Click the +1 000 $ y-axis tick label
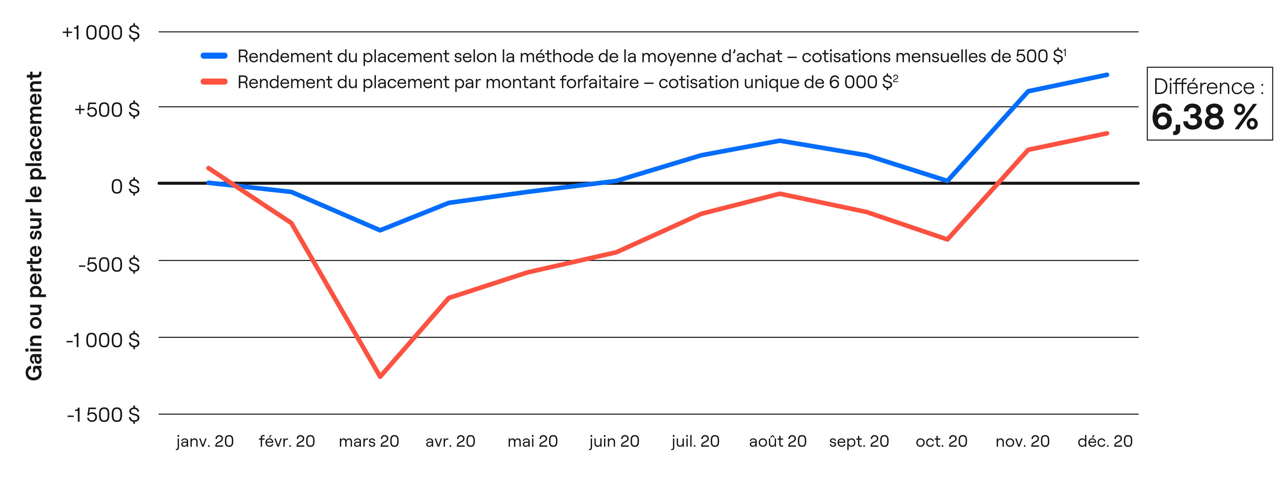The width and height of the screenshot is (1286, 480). coord(101,33)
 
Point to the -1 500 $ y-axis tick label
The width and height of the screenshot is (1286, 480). coord(103,415)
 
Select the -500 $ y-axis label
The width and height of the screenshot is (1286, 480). coord(109,264)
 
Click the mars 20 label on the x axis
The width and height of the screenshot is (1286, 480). coord(369,442)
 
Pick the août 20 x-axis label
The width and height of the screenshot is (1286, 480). coord(778,442)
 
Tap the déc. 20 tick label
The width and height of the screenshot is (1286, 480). coord(1105,442)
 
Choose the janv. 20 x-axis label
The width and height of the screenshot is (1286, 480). coord(205,442)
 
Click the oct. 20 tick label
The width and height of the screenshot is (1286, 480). coord(941,442)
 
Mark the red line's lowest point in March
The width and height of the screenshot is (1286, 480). coord(380,377)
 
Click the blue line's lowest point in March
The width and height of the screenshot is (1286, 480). coord(380,230)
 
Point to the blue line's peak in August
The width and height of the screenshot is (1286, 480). coord(779,140)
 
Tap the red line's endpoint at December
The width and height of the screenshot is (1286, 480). coord(1107,133)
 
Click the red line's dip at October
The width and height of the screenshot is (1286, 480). coord(947,240)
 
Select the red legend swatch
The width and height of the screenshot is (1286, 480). coord(214,82)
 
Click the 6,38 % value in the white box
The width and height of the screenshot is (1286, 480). coord(1204,118)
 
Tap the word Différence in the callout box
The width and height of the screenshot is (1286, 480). coord(1204,87)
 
